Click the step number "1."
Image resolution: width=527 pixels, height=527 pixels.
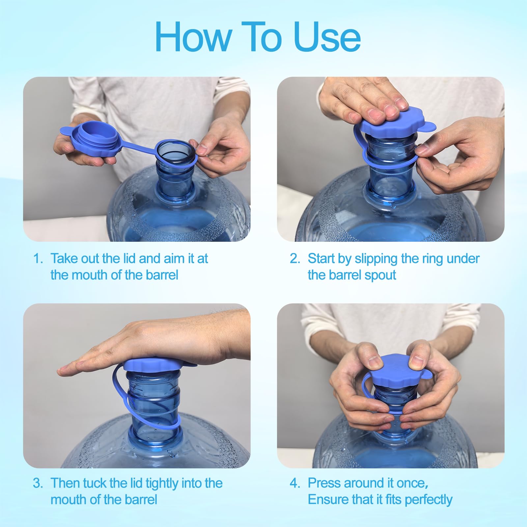pyautogui.click(x=38, y=259)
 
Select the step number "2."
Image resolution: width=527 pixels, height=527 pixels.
pyautogui.click(x=295, y=259)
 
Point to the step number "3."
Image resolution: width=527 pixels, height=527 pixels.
pyautogui.click(x=38, y=483)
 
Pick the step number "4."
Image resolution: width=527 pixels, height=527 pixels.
pyautogui.click(x=295, y=483)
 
